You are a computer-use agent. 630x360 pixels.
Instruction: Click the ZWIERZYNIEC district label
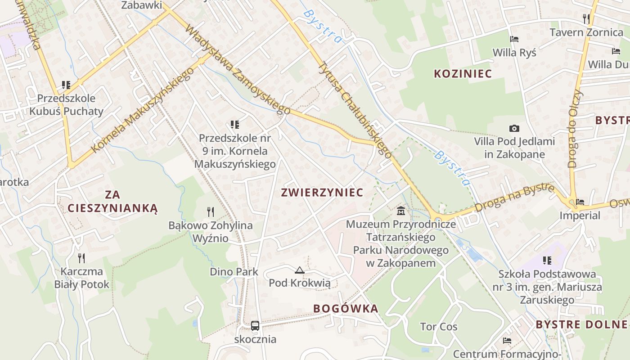322,193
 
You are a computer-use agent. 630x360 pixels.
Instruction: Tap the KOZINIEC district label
463,74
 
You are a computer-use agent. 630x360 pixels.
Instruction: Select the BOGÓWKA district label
346,309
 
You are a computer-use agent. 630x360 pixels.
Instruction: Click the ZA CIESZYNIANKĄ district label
112,201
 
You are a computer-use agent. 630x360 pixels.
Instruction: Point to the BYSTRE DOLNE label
581,324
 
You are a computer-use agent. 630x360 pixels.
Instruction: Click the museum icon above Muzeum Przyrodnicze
401,211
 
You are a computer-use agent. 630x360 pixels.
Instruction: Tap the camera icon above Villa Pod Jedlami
514,129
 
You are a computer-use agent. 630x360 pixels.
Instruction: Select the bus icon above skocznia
255,325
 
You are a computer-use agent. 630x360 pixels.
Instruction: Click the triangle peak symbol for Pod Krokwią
299,270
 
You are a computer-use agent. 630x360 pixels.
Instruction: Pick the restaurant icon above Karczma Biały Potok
81,258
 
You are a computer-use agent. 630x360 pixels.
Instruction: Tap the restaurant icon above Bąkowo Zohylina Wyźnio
210,212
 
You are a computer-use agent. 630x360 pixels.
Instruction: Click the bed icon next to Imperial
580,202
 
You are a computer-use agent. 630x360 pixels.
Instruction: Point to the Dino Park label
234,272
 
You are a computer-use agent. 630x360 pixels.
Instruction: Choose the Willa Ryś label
514,53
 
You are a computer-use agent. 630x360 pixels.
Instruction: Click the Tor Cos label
438,327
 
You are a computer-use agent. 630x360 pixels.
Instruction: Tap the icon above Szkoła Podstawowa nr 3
547,261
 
